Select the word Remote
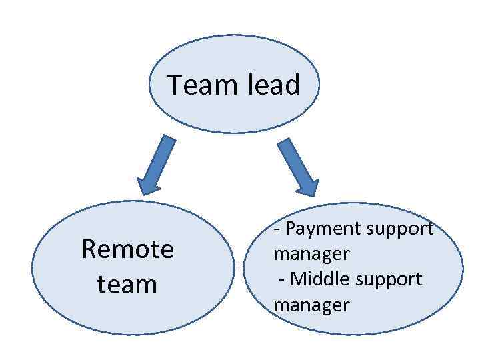[x=127, y=249]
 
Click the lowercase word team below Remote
[x=127, y=285]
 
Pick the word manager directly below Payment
[x=311, y=254]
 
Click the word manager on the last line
[x=311, y=305]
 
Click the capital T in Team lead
[x=174, y=85]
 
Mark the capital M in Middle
[x=297, y=279]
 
